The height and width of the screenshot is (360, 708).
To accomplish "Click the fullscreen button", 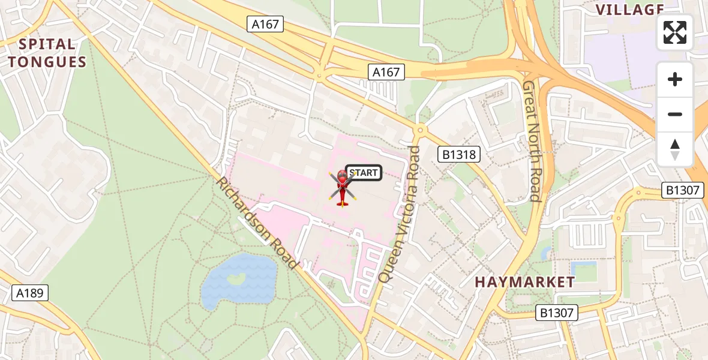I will (675, 32).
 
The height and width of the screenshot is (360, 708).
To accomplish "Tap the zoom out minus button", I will (675, 114).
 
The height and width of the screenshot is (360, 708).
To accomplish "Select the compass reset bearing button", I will (675, 149).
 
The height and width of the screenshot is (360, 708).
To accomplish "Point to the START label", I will (364, 173).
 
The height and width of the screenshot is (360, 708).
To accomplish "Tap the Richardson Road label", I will (257, 223).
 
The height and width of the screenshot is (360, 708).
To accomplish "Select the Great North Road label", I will (532, 141).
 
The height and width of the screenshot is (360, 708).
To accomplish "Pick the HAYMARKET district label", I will (525, 281).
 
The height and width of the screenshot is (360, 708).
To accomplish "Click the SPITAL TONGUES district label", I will (47, 53).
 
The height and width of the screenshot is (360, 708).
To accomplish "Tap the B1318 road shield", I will (459, 154).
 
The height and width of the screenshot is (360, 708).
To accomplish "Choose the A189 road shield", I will (30, 293).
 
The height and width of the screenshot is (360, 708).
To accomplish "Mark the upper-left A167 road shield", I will (265, 24).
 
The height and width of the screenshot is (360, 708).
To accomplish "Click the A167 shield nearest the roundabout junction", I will (386, 72).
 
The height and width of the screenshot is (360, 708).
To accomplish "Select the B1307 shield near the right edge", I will (682, 190).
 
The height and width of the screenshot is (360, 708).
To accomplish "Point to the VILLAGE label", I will (629, 9).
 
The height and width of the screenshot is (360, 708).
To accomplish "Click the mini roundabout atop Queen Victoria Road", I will (419, 129).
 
